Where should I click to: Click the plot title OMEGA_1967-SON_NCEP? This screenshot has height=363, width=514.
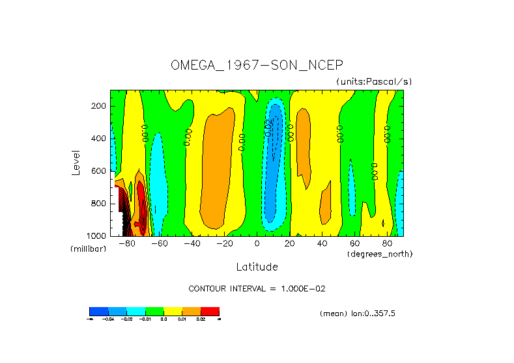(256, 65)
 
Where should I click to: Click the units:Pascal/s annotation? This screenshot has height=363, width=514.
(374, 81)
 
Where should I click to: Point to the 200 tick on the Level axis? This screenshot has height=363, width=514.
(99, 106)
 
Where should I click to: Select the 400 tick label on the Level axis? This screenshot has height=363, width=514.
(99, 139)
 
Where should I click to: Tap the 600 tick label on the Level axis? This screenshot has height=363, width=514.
(99, 171)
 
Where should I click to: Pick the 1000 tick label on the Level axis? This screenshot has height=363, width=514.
(96, 235)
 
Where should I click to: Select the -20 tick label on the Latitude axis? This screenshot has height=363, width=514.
(224, 244)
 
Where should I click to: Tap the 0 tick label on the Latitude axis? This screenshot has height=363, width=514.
(257, 244)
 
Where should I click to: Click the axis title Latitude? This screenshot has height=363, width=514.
(257, 267)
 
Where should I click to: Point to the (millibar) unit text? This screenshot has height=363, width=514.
(88, 249)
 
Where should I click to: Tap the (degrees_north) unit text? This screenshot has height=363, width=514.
(380, 253)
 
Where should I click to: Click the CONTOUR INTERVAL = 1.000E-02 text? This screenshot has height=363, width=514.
(257, 288)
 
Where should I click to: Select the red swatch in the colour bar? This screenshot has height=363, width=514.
(210, 311)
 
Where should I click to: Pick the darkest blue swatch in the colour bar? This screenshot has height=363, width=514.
(98, 311)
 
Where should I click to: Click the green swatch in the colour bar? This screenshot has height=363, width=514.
(154, 311)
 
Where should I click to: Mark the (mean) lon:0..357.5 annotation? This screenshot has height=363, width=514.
(358, 314)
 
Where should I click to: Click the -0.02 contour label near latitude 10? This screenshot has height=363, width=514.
(268, 128)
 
